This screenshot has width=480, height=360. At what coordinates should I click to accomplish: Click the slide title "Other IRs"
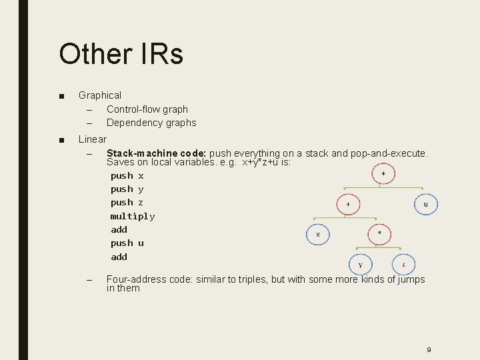[x=121, y=53]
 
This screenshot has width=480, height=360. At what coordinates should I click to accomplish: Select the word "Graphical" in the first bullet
[x=100, y=95]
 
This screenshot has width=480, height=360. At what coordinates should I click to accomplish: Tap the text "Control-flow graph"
[x=147, y=109]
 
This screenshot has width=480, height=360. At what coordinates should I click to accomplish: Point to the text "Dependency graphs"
[x=151, y=123]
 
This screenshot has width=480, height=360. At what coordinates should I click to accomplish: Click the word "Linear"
[x=93, y=139]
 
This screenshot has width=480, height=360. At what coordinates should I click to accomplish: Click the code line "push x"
[x=127, y=176]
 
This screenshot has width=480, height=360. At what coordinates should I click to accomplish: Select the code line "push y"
[x=127, y=189]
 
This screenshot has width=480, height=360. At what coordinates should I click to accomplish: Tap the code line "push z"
[x=127, y=203]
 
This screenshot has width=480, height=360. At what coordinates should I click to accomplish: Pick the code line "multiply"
[x=133, y=216]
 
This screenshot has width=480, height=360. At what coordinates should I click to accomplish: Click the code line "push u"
[x=127, y=243]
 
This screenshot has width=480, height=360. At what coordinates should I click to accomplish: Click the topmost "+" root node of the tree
[x=383, y=174]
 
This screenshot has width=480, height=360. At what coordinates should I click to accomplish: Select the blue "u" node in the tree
[x=426, y=204]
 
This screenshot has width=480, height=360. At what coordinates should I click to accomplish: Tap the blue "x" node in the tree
[x=318, y=234]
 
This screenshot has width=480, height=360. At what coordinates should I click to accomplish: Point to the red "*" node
[x=380, y=234]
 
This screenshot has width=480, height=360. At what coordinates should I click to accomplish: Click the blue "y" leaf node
[x=361, y=265]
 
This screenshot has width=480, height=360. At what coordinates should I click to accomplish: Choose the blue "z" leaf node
[x=403, y=265]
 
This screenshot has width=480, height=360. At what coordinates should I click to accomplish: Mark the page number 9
[x=429, y=349]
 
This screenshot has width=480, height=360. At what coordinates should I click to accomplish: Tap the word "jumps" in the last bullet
[x=410, y=279]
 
